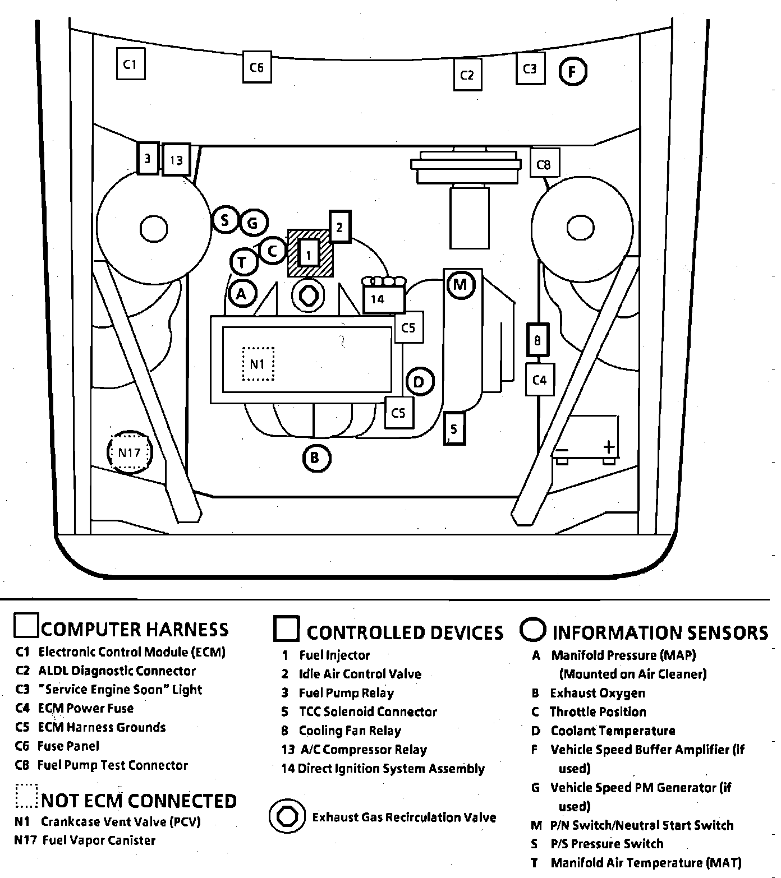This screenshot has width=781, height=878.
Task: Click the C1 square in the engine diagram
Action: (130, 64)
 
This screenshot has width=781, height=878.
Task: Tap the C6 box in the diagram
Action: (256, 67)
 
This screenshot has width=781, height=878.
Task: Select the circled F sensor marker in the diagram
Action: (573, 71)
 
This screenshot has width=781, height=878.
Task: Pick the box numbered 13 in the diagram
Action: (176, 160)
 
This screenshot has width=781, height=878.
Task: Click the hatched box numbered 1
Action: (309, 253)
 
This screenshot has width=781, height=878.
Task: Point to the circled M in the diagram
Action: (460, 285)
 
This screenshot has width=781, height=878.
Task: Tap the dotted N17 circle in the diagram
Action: (130, 452)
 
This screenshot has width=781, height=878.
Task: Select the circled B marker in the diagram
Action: (316, 458)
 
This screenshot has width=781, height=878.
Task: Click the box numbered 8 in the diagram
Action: (537, 340)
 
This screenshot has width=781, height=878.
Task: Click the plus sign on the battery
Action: (609, 447)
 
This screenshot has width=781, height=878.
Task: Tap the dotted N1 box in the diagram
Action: (258, 364)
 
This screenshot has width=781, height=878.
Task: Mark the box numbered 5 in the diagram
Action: (454, 429)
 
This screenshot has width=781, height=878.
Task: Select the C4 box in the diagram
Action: (539, 380)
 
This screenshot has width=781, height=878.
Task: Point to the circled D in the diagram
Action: (419, 382)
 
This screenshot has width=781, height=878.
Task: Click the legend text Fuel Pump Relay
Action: (346, 693)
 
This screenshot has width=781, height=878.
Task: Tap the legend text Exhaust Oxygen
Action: (598, 693)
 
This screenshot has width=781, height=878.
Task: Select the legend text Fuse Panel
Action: (68, 746)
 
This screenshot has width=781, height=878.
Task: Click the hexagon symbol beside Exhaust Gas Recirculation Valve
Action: (288, 816)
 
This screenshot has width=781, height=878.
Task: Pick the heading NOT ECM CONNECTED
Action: (139, 801)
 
